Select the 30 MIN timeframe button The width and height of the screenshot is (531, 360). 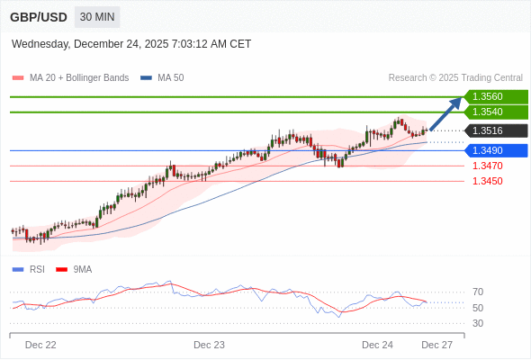(96, 17)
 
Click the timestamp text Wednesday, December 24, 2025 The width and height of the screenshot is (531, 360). (131, 44)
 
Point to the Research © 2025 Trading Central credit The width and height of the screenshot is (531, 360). (455, 78)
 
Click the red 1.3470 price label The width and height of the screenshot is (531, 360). (487, 166)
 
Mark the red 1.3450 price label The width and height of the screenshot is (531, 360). (487, 181)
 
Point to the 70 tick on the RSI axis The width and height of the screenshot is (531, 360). (478, 292)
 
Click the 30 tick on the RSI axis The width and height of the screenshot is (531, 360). (478, 323)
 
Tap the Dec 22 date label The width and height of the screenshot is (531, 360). (40, 345)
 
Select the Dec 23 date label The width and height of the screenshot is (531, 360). (209, 345)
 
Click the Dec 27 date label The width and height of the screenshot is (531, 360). (436, 345)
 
